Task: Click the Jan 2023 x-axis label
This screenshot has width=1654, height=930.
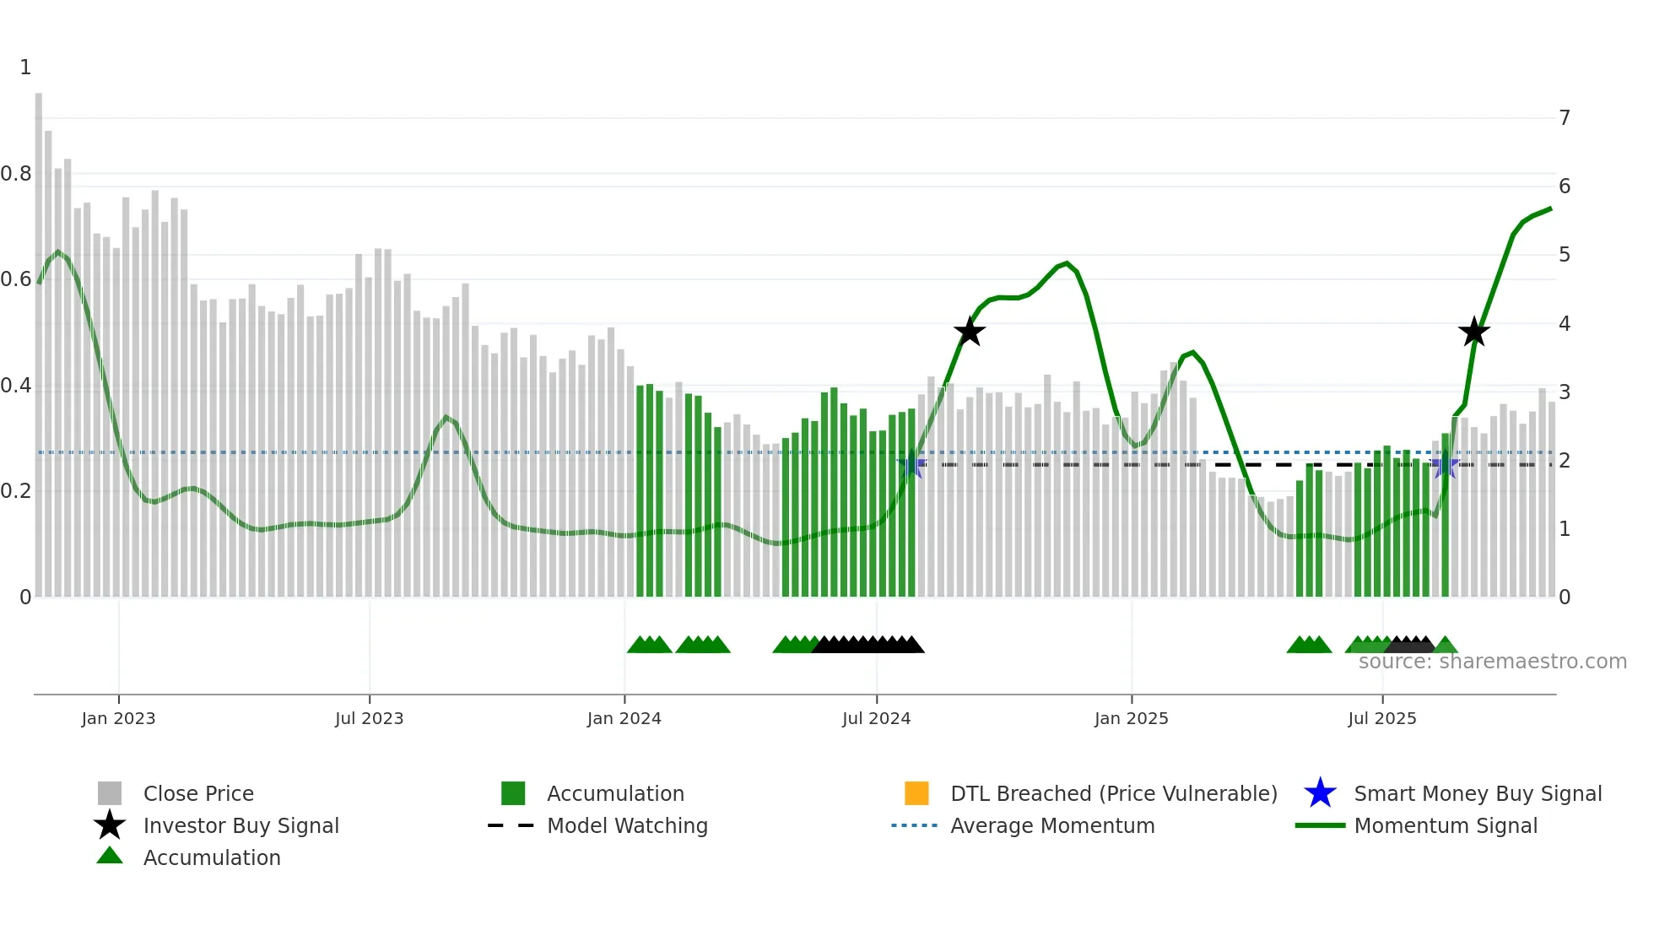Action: [x=118, y=718]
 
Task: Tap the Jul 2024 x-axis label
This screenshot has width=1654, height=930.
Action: [x=876, y=718]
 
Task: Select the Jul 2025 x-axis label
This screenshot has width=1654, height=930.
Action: [x=1381, y=718]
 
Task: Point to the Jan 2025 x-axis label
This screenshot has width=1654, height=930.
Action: [x=1131, y=718]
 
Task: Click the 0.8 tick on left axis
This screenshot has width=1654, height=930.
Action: [x=16, y=174]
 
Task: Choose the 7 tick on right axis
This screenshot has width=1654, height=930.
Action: [x=1565, y=118]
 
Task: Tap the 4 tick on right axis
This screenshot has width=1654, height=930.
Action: [x=1565, y=324]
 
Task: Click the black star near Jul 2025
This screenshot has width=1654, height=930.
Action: [x=1473, y=333]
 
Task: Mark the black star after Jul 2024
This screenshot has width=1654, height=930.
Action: [x=970, y=332]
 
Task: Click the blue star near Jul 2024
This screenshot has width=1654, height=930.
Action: [x=911, y=465]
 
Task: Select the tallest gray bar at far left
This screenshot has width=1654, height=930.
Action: [x=39, y=338]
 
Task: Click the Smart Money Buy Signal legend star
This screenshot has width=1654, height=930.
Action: [x=1320, y=793]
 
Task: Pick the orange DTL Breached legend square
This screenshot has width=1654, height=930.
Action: [x=916, y=793]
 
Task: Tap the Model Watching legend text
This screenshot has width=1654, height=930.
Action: [x=627, y=825]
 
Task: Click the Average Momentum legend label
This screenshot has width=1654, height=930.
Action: [x=1052, y=825]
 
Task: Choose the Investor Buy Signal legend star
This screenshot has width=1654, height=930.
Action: [x=110, y=825]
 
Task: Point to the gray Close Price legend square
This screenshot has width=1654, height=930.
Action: [x=110, y=793]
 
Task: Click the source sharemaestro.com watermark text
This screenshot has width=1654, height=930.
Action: [x=1492, y=662]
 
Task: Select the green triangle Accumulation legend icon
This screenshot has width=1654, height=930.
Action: [x=110, y=856]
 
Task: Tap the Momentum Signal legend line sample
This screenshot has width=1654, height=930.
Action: [x=1320, y=825]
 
